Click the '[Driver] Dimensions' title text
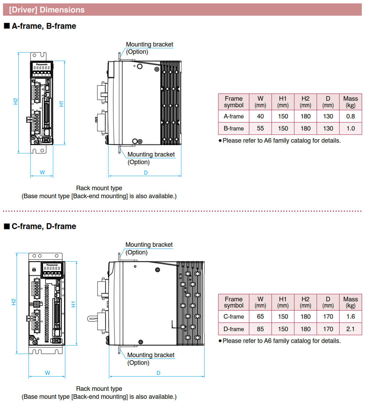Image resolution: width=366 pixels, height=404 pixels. tap(47, 10)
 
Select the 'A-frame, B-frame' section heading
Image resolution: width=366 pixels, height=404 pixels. tap(44, 26)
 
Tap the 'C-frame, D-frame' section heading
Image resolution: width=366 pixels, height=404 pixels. tap(44, 226)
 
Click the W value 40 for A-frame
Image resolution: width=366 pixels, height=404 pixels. tap(260, 116)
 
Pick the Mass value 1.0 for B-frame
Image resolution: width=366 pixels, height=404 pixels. tap(351, 128)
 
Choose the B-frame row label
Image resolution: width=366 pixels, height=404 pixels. tap(234, 128)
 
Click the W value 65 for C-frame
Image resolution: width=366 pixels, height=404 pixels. tap(260, 317)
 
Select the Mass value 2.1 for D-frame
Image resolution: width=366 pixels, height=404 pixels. tap(351, 329)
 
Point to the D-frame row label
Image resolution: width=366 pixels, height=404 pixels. tap(234, 329)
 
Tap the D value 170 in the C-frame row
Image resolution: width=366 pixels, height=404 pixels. tap(328, 317)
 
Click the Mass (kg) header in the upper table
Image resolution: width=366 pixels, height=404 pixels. tap(351, 102)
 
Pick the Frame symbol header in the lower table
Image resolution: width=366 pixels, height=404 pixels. tap(234, 302)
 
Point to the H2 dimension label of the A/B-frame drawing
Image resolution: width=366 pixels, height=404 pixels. tap(15, 101)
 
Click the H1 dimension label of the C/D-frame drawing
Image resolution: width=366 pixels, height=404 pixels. tap(73, 304)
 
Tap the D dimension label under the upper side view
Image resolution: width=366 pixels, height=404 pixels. tap(146, 172)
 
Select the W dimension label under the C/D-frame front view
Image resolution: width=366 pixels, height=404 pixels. tap(48, 373)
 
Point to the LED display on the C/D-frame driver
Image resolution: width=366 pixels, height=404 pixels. tap(51, 268)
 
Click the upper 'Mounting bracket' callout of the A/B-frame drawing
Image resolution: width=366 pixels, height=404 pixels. tap(149, 44)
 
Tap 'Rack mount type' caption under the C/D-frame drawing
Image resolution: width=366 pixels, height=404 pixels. tap(99, 389)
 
